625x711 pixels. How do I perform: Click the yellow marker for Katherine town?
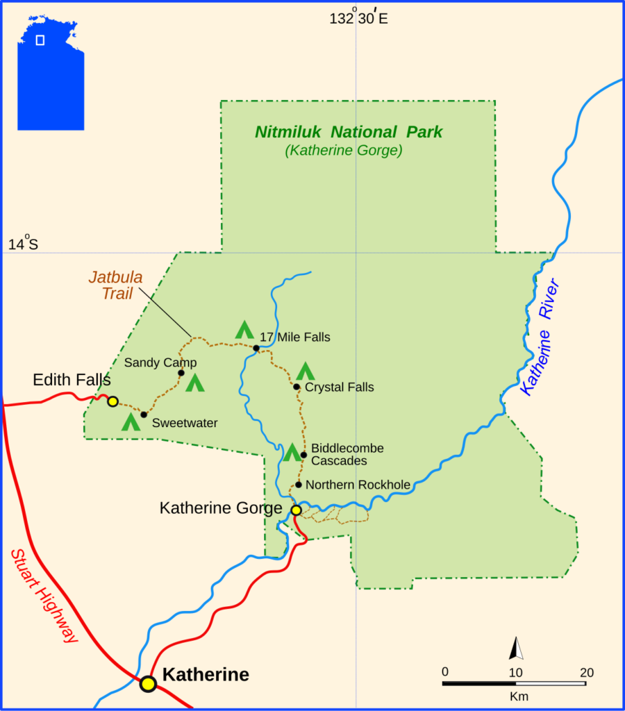[148, 684]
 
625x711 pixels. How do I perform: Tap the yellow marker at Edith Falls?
[112, 401]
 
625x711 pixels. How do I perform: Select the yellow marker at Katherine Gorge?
[296, 510]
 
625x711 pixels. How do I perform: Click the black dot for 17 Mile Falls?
[256, 348]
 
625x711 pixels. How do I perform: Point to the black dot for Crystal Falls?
[297, 387]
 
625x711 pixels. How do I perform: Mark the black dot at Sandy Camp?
[181, 373]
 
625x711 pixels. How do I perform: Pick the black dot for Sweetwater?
[144, 415]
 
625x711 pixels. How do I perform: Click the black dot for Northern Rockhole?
[299, 485]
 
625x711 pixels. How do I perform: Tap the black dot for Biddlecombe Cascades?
[303, 455]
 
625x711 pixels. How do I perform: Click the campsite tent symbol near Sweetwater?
[131, 421]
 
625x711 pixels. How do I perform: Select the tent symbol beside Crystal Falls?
[305, 371]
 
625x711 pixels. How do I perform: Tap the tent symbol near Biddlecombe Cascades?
[292, 452]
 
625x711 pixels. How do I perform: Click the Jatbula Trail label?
[116, 285]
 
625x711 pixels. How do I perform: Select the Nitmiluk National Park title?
[348, 132]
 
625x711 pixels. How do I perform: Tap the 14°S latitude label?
[23, 244]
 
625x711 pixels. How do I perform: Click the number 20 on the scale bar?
[586, 672]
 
